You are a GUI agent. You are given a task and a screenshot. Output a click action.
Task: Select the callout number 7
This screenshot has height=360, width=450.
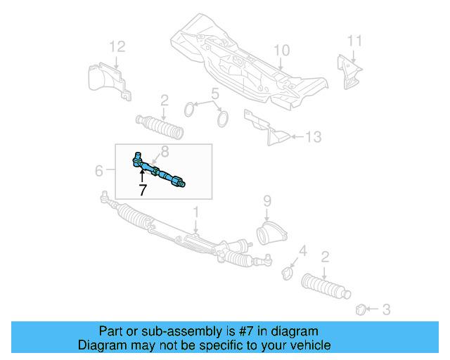pos(142,190)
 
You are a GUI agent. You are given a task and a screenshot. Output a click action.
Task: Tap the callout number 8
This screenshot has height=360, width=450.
pos(165,150)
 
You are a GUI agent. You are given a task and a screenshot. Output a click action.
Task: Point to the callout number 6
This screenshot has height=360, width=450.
pos(99,171)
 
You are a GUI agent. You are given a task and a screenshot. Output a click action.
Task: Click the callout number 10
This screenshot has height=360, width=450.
pos(281,51)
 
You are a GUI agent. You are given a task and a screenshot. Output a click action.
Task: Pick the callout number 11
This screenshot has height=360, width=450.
pos(355,40)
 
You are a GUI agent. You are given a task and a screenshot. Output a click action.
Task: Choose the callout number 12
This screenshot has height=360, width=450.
pos(117,47)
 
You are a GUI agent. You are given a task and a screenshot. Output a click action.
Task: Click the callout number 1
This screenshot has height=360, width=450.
pos(197,212)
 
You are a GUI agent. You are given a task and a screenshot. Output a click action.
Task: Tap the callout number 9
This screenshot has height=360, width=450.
pos(267,201)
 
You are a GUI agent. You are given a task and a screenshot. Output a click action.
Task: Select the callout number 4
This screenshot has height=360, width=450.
pos(303,251)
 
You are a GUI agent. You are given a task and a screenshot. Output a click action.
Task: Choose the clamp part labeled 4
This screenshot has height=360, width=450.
pos(288,271)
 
